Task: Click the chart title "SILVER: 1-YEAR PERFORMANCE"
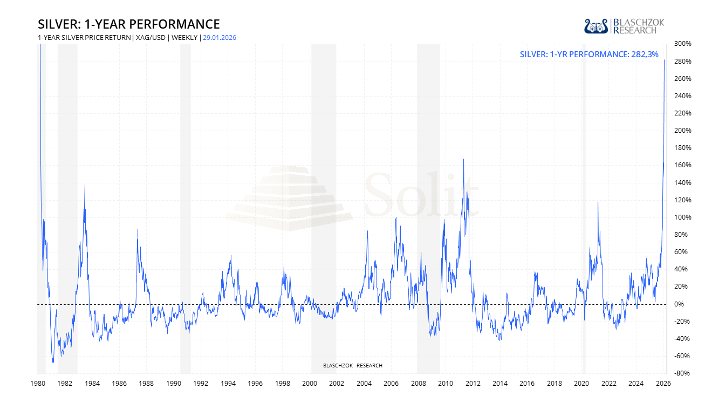129,24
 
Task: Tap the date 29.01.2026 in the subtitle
220,38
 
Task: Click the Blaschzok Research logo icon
597,26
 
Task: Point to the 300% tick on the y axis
682,44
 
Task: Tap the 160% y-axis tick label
682,165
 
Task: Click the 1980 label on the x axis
37,384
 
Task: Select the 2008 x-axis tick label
418,384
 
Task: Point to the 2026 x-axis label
663,384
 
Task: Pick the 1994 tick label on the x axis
228,384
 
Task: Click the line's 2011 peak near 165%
463,159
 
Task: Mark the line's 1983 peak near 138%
85,185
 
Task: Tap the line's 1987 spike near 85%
138,229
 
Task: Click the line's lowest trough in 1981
53,362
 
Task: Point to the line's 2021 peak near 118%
598,202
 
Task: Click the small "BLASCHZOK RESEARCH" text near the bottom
353,366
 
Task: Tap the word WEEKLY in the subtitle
184,38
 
